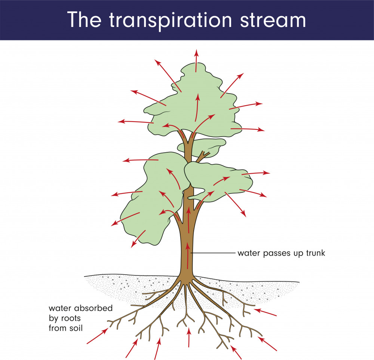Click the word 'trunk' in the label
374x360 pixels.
(x=316, y=253)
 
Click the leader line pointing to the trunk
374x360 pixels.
(x=213, y=253)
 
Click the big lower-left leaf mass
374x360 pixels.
(x=150, y=202)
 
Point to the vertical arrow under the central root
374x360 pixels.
(x=189, y=337)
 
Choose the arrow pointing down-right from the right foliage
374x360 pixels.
(x=236, y=204)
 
